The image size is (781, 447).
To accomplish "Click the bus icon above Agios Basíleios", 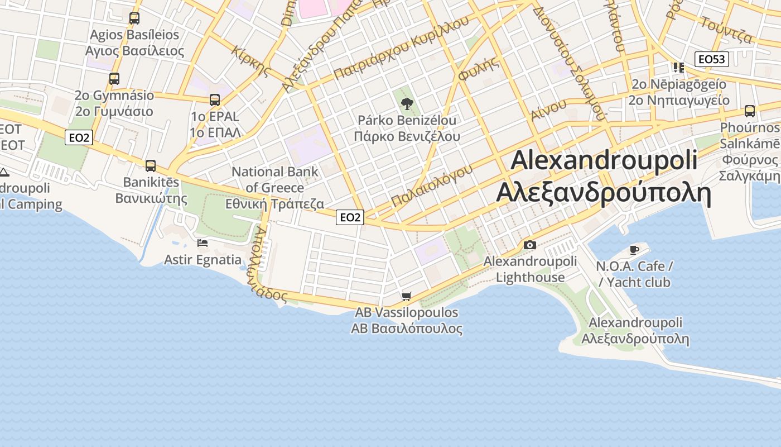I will point(134,18).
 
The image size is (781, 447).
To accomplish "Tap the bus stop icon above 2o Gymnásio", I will point(114,79).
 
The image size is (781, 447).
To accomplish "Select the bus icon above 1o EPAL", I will point(215,100).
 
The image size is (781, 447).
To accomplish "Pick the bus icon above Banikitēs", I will point(151,166).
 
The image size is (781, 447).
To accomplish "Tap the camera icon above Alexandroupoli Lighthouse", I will point(530,245).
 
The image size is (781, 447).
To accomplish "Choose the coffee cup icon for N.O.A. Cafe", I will point(634,249).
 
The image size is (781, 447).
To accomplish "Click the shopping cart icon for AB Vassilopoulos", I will point(407,296).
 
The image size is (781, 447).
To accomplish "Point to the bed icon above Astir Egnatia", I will point(203,243).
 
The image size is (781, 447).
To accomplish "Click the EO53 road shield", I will point(712,59).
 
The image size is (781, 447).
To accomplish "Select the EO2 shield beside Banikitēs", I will point(78,137).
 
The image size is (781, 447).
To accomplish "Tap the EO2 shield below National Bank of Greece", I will point(350,217).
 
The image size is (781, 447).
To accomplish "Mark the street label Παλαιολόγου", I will point(432,185).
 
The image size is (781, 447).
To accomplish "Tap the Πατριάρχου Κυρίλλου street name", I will point(402,48).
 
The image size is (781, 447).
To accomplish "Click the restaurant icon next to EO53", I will point(679,68).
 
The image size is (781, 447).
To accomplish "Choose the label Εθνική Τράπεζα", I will point(274,204).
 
